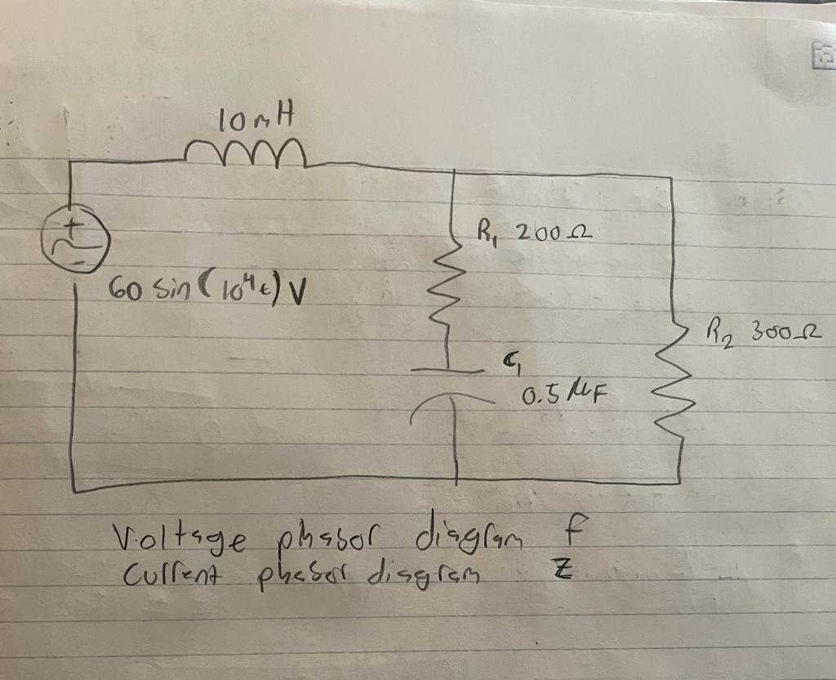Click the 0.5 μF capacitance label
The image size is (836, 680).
[563, 397]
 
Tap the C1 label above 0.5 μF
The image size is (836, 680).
[513, 363]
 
